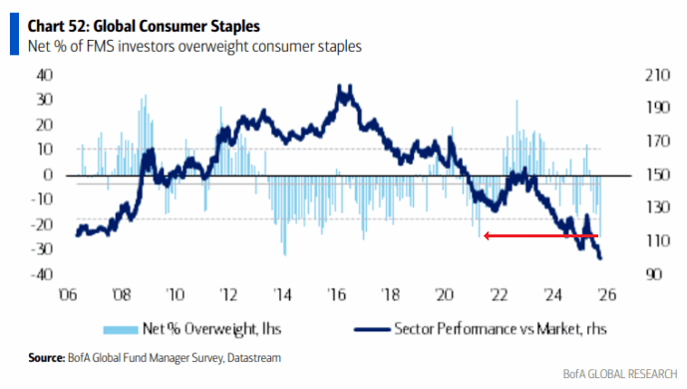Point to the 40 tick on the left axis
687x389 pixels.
44,74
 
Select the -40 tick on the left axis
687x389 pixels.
42,275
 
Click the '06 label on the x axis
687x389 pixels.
68,294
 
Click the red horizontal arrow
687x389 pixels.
543,236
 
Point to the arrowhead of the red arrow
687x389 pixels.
486,236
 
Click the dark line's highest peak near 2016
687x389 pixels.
344,88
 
